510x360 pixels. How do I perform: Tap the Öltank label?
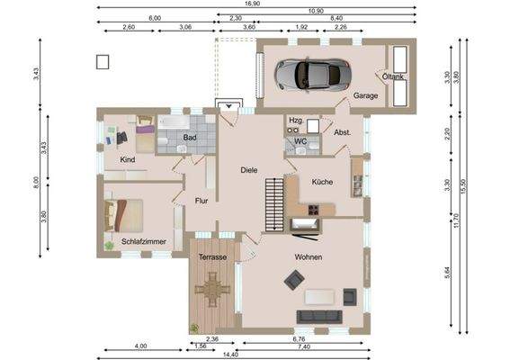click(x=394, y=77)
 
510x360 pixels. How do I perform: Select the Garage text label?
click(x=364, y=94)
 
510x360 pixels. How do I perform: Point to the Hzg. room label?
click(x=295, y=120)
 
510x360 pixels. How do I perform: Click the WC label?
click(x=300, y=141)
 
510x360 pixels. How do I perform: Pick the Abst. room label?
click(x=342, y=132)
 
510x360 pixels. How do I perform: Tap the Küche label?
click(x=322, y=182)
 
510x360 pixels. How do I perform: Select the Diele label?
click(x=249, y=169)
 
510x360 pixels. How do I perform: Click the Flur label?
click(x=201, y=201)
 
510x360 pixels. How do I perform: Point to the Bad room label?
click(x=190, y=138)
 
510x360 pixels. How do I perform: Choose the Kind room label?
click(x=127, y=159)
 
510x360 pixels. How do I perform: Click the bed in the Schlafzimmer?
click(x=125, y=215)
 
